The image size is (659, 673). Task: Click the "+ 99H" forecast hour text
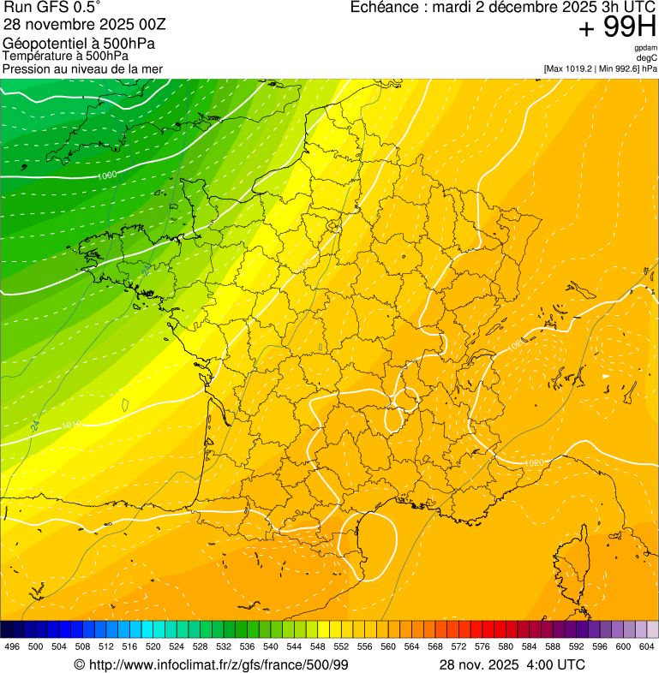(617, 28)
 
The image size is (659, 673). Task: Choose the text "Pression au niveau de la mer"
(82, 68)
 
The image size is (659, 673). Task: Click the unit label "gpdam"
(645, 48)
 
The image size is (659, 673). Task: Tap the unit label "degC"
(647, 57)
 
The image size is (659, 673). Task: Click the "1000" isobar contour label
(107, 176)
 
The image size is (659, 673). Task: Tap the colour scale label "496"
(12, 646)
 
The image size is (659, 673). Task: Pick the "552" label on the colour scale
(341, 646)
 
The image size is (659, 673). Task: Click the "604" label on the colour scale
(647, 646)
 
